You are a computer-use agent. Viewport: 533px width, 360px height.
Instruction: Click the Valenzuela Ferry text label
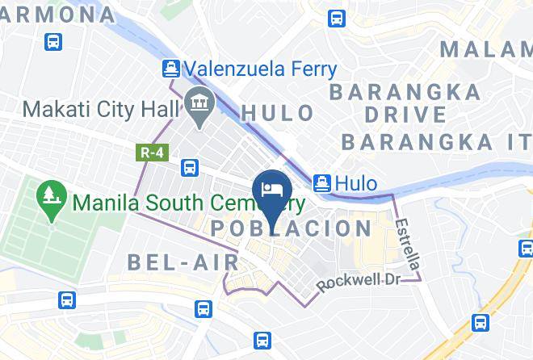260,69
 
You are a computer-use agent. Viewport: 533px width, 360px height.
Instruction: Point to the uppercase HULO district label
278,112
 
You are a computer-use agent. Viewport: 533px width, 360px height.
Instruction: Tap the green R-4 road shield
146,151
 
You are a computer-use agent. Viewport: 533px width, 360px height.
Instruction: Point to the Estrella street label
409,242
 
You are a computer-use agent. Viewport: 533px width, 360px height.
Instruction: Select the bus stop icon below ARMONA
53,41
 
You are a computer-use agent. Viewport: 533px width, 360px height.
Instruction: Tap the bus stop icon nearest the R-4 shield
190,168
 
